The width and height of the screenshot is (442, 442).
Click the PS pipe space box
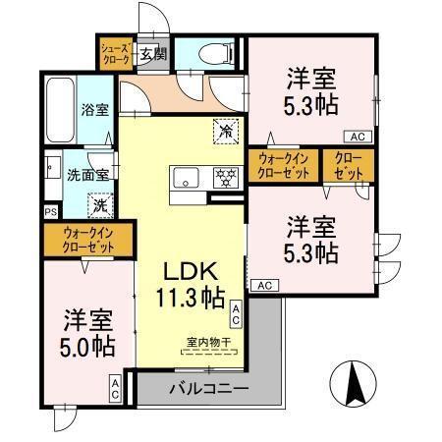pyautogui.click(x=50, y=211)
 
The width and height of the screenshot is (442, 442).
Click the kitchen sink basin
pyautogui.click(x=186, y=179)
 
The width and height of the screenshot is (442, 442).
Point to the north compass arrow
pyautogui.click(x=355, y=383)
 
